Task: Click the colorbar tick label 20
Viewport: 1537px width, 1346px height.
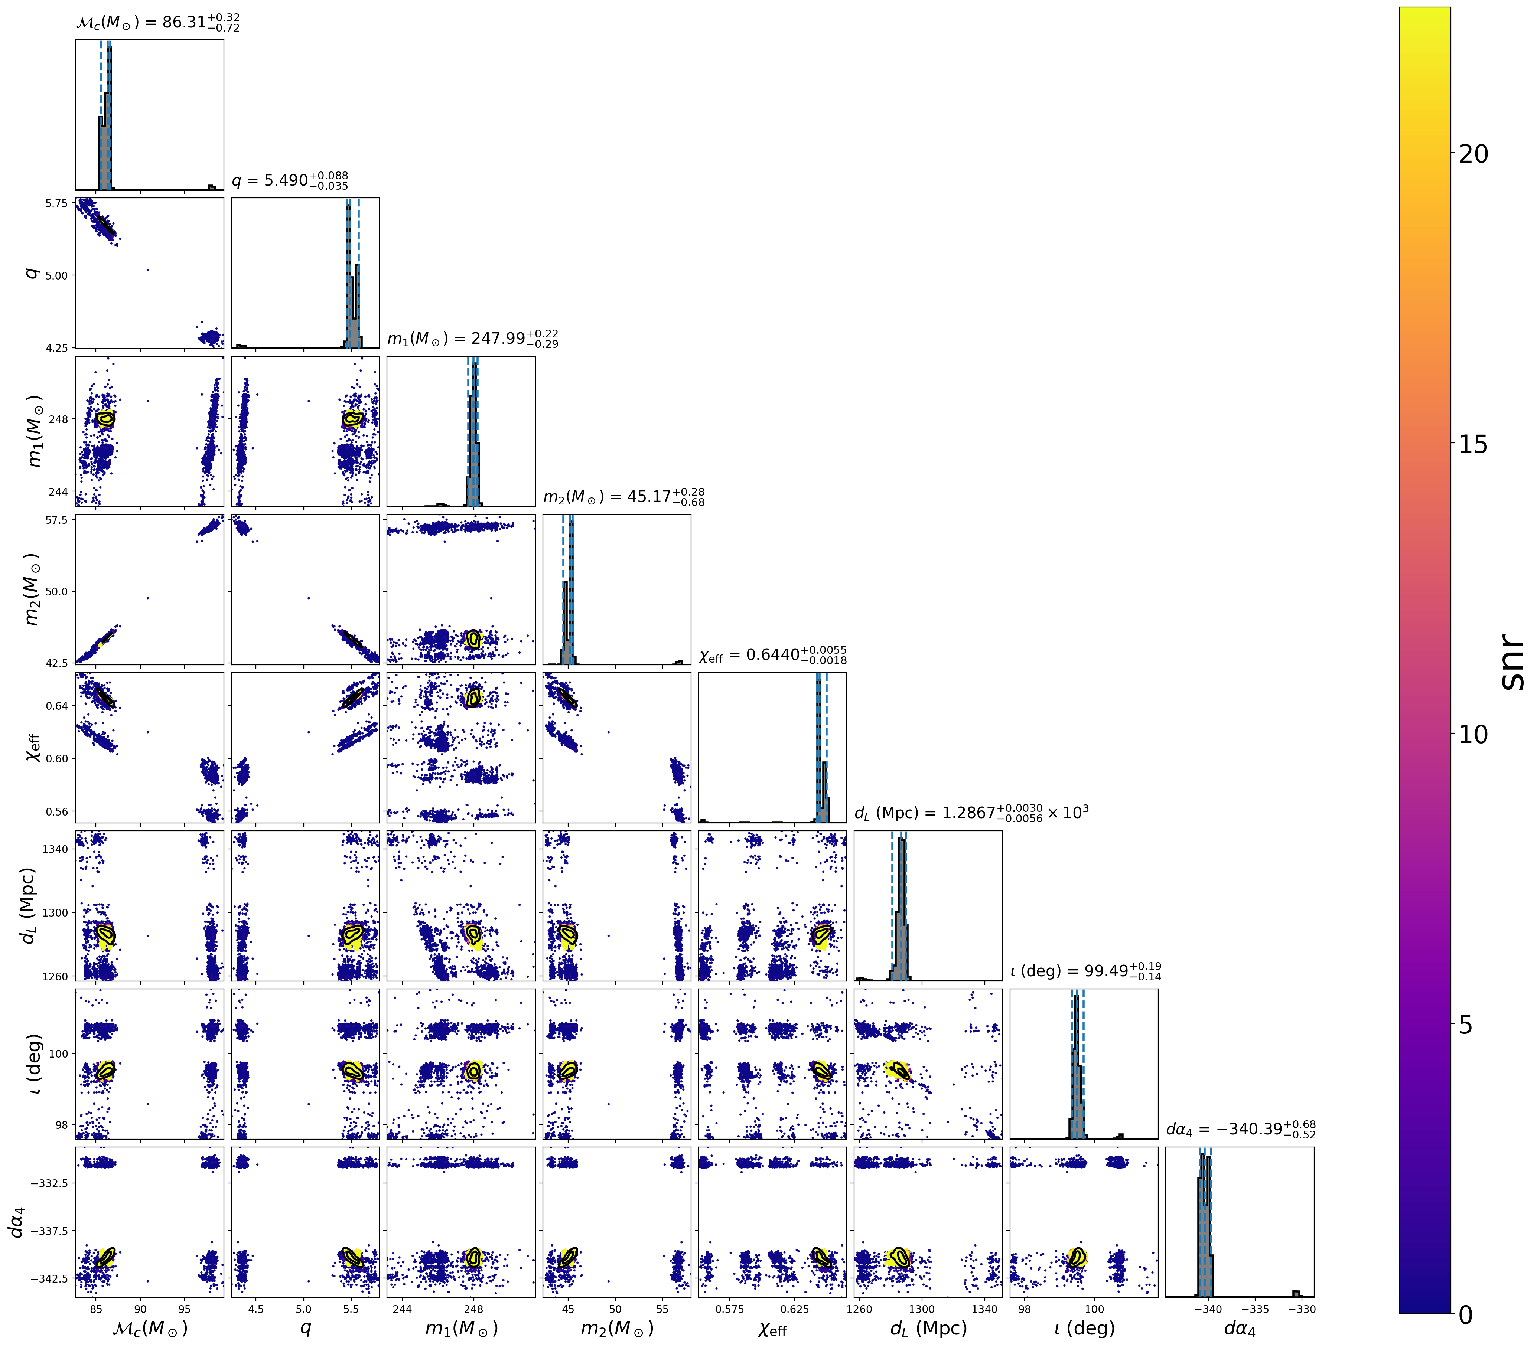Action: [x=1474, y=154]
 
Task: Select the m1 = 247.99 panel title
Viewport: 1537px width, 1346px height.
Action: [x=472, y=339]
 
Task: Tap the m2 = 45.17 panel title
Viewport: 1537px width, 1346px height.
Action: [x=623, y=497]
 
